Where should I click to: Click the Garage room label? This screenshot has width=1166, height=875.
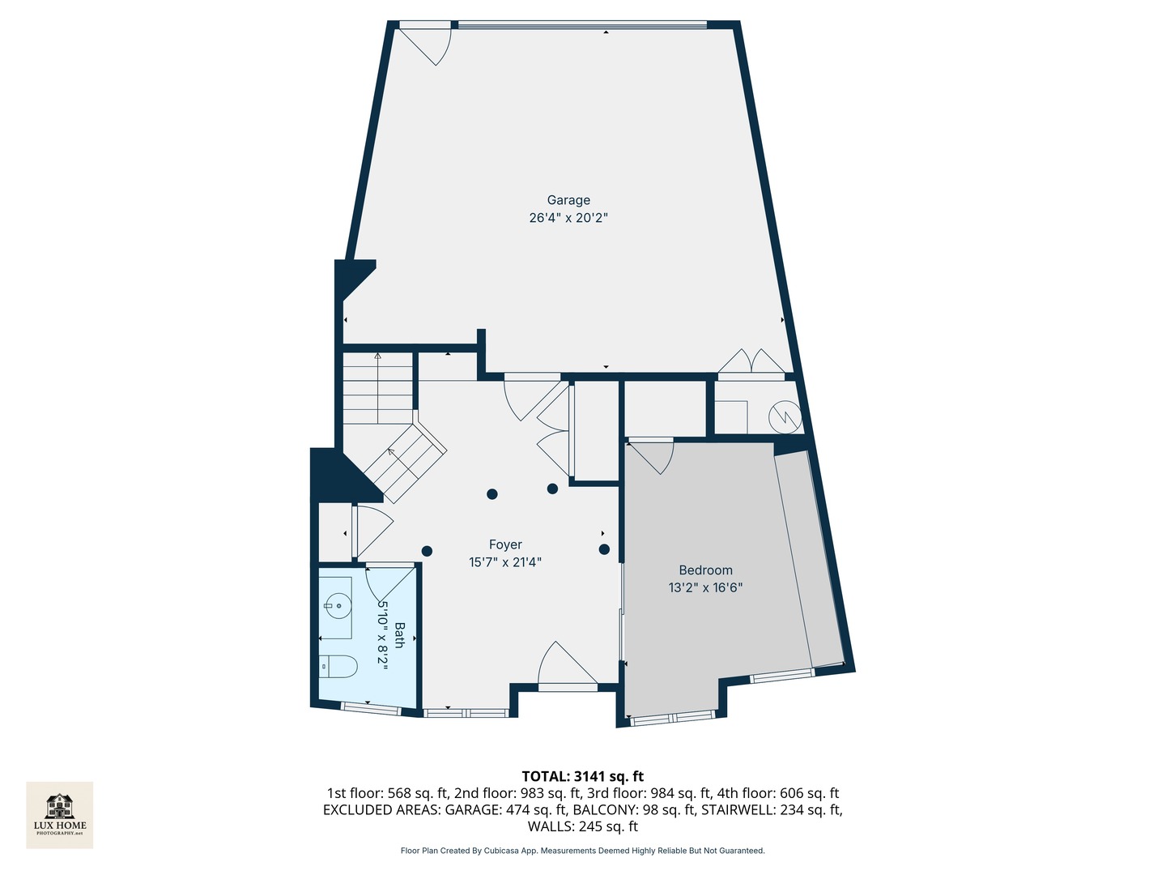coord(568,200)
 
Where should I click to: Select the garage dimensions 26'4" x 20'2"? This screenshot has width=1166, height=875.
coord(568,218)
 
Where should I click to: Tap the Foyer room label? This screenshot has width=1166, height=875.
coord(505,545)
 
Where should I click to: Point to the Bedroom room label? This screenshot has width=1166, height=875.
coord(705,570)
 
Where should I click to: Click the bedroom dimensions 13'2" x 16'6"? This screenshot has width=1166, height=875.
coord(705,588)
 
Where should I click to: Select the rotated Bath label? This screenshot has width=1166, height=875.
coord(399,634)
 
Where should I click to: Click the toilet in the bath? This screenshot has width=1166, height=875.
coord(338,667)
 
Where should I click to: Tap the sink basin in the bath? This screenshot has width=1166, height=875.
coord(338,604)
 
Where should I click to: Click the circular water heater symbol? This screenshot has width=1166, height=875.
coord(785,416)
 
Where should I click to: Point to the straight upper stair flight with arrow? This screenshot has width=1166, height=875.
coord(378,389)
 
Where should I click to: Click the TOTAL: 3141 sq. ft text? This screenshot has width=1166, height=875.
coord(582,776)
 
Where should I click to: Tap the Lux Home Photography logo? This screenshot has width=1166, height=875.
coord(60,814)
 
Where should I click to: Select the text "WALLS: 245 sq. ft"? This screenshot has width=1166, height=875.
coord(582,826)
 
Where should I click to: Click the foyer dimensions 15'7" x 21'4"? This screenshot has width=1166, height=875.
coord(505,562)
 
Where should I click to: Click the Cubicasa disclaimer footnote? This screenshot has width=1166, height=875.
coord(582,851)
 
